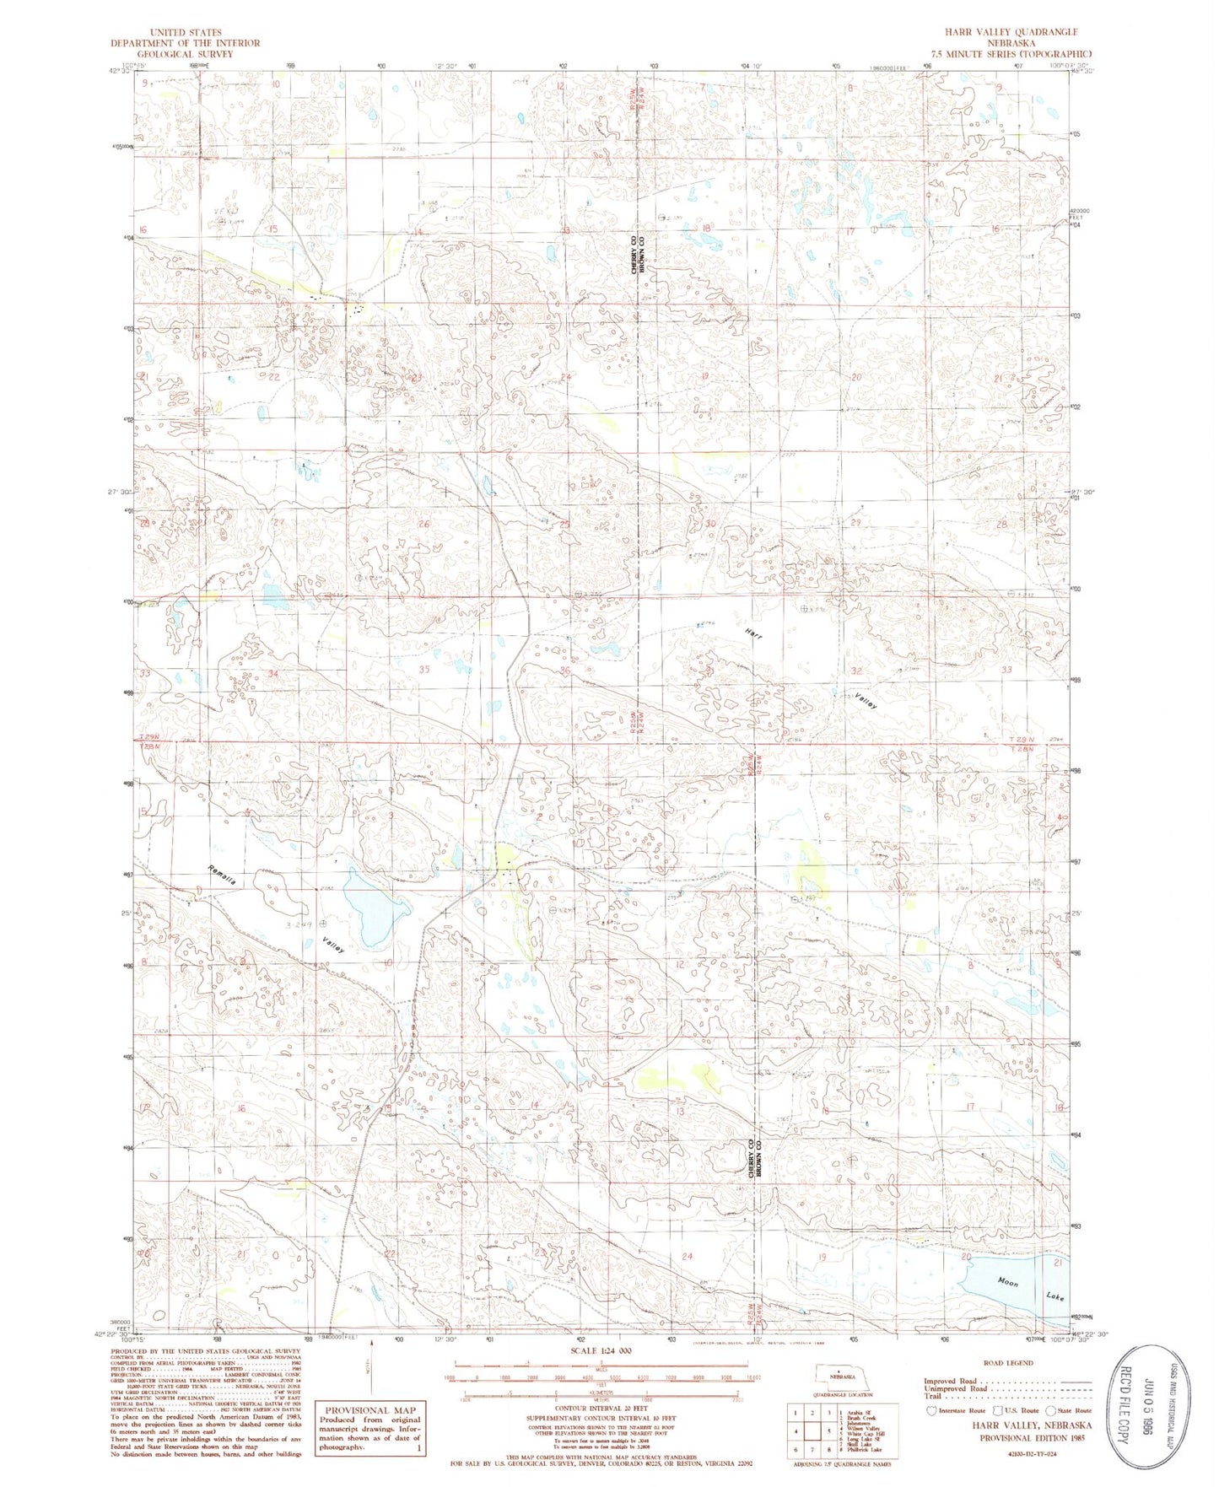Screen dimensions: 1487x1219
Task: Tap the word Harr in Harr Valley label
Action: pyautogui.click(x=753, y=635)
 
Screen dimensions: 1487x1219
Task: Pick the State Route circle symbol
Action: pyautogui.click(x=1050, y=1410)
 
